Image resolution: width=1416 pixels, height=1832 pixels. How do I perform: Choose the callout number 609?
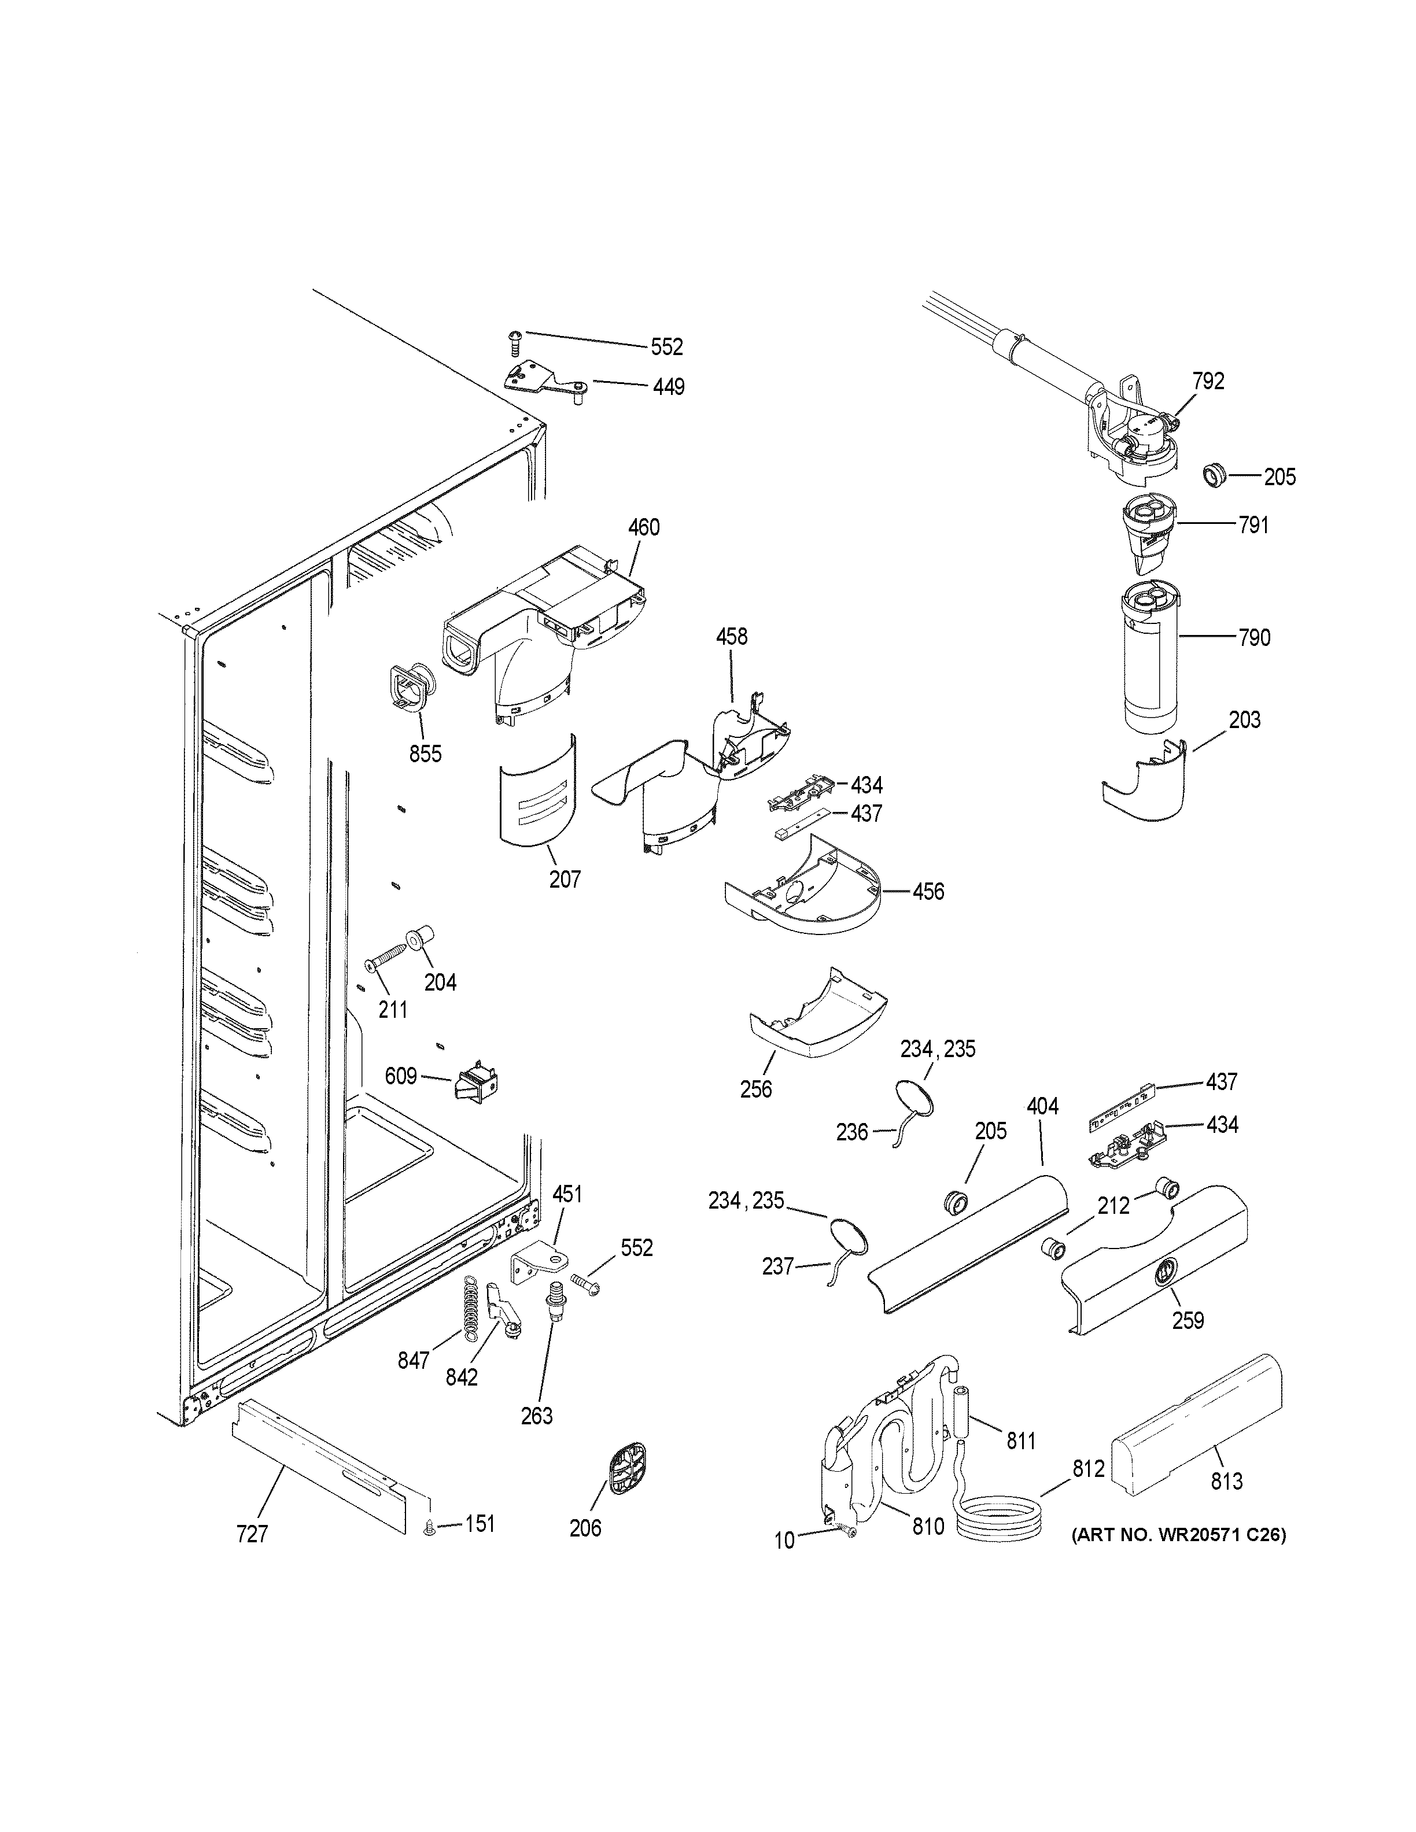pos(401,1076)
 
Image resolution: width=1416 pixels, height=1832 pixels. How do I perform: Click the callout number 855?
pos(425,754)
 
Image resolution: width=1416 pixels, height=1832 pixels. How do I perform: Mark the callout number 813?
pos(1226,1482)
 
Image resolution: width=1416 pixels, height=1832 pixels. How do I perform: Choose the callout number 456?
pos(928,892)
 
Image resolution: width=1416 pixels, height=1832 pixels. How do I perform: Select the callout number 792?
pos(1208,382)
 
